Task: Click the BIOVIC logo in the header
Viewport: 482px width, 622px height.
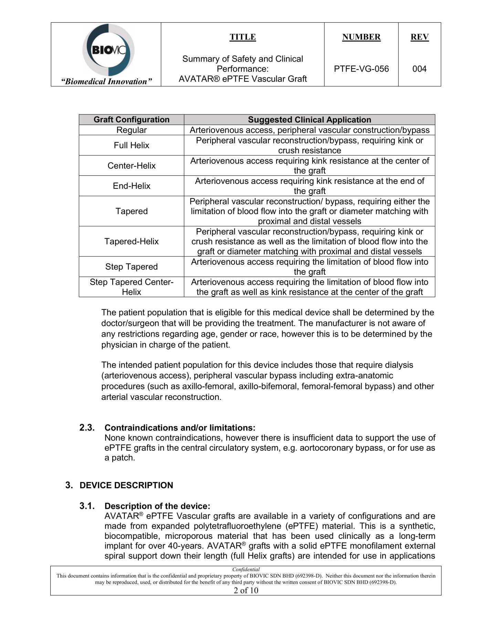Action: tap(108, 50)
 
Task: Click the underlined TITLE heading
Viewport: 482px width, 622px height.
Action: tap(243, 37)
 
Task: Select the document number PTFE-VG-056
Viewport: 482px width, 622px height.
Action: tap(361, 69)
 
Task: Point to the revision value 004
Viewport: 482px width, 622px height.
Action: tap(419, 69)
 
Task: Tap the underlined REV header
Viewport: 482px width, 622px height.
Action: tap(419, 37)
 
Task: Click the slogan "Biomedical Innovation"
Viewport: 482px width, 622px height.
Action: tap(106, 81)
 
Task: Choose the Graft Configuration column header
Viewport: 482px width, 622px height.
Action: tap(132, 120)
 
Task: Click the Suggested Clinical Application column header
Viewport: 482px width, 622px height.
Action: tap(310, 120)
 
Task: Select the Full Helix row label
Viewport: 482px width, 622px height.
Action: tap(132, 145)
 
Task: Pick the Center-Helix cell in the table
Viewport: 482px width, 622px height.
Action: tap(132, 166)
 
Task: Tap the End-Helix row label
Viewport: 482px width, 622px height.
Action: tap(132, 186)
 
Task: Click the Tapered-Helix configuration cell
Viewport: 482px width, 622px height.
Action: tap(132, 241)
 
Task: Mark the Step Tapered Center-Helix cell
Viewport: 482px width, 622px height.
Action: tap(132, 287)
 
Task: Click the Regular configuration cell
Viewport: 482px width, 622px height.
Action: tap(132, 130)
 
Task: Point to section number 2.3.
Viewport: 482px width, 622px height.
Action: tap(87, 427)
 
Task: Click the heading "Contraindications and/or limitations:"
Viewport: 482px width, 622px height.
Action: tap(180, 428)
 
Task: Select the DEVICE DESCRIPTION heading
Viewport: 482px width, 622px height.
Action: tap(126, 485)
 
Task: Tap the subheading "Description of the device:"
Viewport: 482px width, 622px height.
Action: tap(157, 506)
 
